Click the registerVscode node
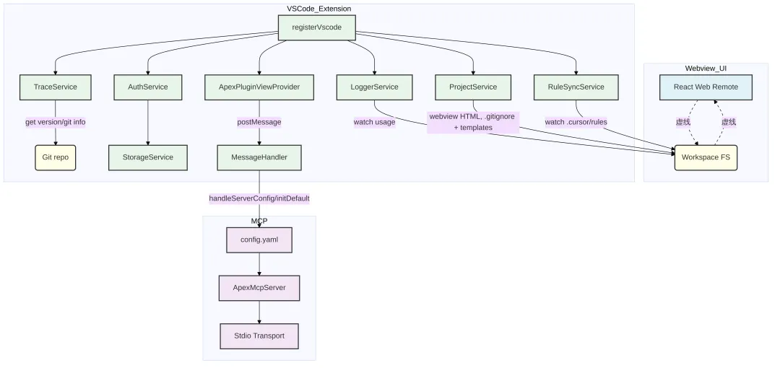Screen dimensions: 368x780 click(x=316, y=27)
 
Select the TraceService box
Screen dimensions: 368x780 click(x=55, y=87)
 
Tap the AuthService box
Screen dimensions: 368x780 click(x=147, y=87)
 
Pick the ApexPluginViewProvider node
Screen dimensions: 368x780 click(x=259, y=87)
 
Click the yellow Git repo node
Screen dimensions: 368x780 click(x=55, y=157)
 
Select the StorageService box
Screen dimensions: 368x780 click(x=147, y=157)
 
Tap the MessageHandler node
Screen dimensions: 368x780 click(x=259, y=157)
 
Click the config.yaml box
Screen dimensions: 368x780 click(x=259, y=239)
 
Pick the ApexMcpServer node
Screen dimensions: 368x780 click(x=259, y=287)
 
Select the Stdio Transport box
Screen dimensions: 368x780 click(x=259, y=336)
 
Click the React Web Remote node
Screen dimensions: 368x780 click(x=706, y=87)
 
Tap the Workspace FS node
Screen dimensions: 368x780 click(x=706, y=157)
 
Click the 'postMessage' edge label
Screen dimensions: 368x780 click(x=259, y=122)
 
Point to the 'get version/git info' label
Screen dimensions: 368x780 click(x=55, y=122)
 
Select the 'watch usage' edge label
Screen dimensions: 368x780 click(x=374, y=122)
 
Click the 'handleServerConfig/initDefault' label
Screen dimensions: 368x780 click(x=259, y=198)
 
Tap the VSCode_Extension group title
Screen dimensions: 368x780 click(x=318, y=8)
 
